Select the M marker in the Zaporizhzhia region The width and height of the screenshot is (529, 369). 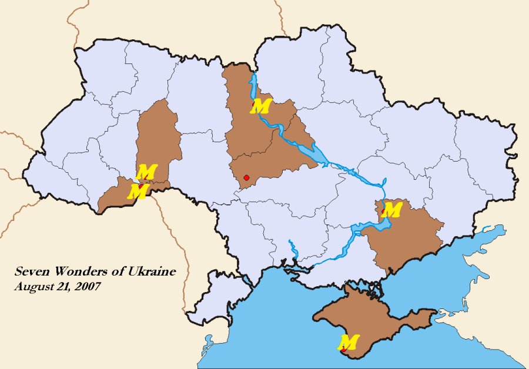pyautogui.click(x=392, y=209)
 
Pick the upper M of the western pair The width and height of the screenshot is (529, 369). pyautogui.click(x=146, y=172)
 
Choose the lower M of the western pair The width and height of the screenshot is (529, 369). pyautogui.click(x=139, y=191)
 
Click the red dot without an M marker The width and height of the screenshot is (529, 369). pyautogui.click(x=247, y=177)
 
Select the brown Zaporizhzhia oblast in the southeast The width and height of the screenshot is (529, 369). pyautogui.click(x=406, y=241)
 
